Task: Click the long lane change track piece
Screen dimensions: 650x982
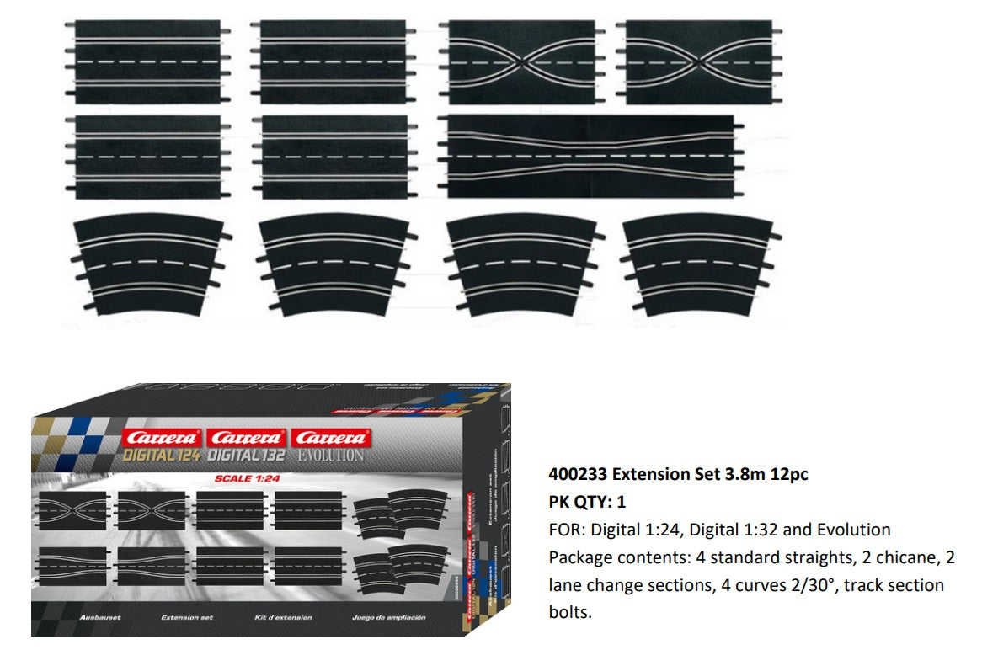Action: coord(590,156)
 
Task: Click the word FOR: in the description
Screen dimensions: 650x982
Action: coord(566,530)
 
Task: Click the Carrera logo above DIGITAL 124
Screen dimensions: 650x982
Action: coord(162,439)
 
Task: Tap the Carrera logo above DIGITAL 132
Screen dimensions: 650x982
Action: coord(246,439)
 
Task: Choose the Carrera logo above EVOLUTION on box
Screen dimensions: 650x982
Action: coord(329,439)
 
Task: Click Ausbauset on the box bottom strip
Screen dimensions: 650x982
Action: coord(102,618)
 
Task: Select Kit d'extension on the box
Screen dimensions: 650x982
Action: coord(283,618)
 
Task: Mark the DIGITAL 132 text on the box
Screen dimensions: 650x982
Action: coord(246,456)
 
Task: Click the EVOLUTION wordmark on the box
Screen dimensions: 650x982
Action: coord(329,456)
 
